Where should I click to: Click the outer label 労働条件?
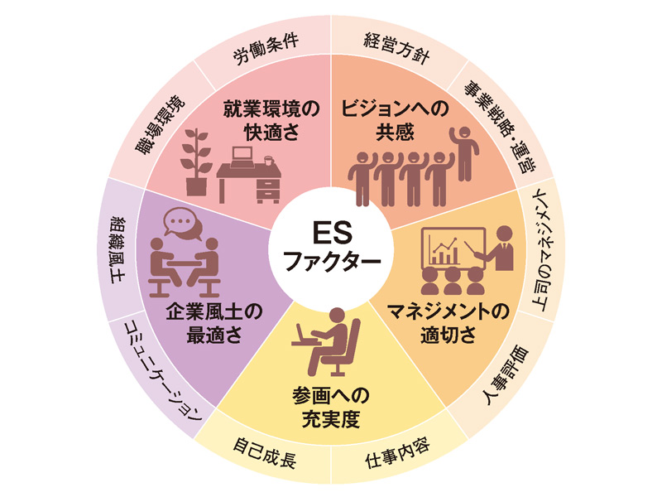coord(266,49)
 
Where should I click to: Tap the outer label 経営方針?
coord(397,49)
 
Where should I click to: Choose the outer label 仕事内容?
coord(397,453)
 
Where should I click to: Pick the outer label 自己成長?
coord(265,453)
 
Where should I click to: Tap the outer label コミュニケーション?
coord(163,371)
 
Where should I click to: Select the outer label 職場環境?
coord(160,125)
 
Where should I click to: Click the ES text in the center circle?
coord(332,233)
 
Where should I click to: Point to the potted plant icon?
coord(196,162)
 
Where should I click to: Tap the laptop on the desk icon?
coord(242,157)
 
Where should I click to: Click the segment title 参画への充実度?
coord(331,408)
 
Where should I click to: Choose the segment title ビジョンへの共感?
coord(396,120)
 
